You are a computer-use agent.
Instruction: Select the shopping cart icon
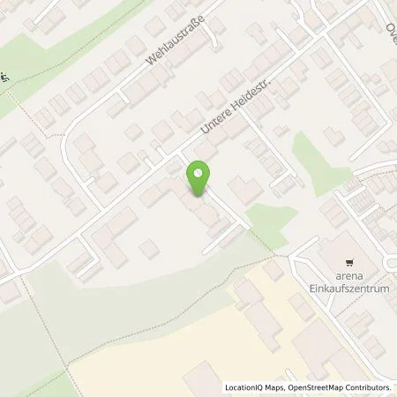pos(350,262)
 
